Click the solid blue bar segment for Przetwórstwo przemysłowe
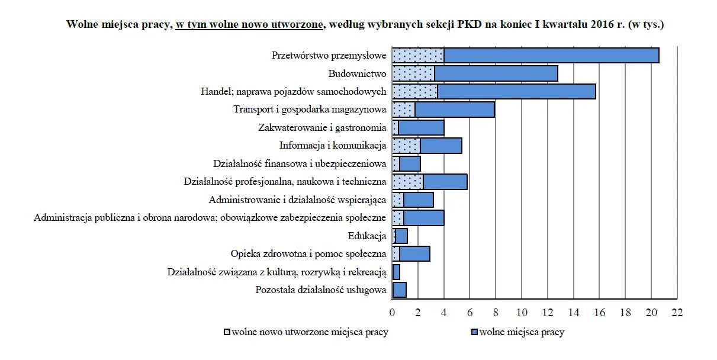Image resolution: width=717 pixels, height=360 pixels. coord(551,56)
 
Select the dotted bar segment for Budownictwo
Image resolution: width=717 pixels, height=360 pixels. coord(413,73)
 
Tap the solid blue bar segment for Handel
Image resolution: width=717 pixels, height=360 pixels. coord(516,92)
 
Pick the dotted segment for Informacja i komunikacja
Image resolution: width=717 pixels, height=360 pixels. coord(406,146)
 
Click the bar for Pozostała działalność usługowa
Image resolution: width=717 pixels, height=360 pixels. coord(399,290)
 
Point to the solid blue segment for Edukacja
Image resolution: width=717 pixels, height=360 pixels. coord(401,236)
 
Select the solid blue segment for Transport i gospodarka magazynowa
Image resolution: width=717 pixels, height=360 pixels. coord(454,110)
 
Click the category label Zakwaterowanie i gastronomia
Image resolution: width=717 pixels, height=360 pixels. coord(322,127)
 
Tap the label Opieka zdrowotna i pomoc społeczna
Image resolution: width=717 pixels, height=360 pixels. coord(308,254)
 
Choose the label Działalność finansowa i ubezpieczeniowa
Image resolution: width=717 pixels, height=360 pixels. coord(300,163)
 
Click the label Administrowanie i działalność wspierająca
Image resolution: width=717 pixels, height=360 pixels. coord(297,200)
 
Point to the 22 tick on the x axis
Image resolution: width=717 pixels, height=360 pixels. coord(677,313)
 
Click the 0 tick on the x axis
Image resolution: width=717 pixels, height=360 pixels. coord(392,313)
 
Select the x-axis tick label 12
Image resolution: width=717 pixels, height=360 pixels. coord(548,313)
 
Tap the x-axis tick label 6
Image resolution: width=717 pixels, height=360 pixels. coord(470,313)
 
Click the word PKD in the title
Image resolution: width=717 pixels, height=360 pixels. coord(469,25)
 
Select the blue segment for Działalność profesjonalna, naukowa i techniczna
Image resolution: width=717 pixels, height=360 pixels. coord(445,182)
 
